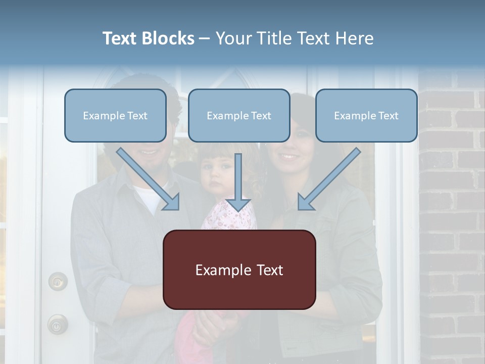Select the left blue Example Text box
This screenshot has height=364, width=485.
point(115,116)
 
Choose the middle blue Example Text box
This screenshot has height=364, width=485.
point(239,116)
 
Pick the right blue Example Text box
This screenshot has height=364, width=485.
point(366,116)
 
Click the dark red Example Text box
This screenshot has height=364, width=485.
point(239,270)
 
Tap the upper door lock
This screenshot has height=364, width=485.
point(58,281)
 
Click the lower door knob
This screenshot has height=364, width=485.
point(57,324)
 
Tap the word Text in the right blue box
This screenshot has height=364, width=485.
point(388,116)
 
